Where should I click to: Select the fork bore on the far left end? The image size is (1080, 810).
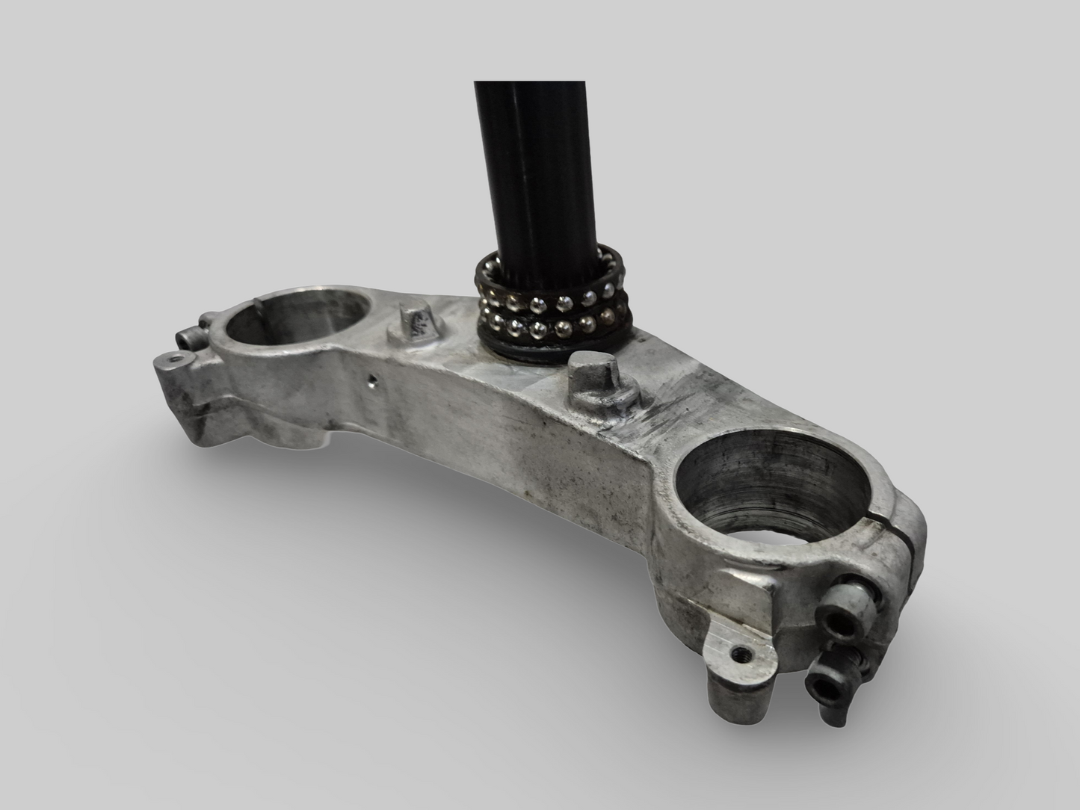tap(296, 313)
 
